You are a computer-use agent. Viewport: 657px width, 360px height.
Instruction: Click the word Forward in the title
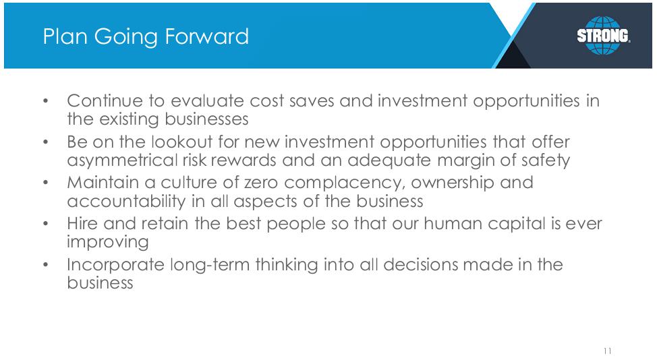[206, 36]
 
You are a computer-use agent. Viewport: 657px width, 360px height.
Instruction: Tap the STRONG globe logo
[603, 36]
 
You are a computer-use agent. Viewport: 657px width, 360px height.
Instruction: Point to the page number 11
[608, 351]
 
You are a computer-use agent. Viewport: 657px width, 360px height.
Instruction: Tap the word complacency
[345, 183]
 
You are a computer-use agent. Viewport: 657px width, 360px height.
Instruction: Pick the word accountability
[126, 202]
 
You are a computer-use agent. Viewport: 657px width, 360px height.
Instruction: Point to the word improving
[108, 243]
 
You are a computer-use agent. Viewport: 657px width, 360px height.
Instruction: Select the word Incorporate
[115, 265]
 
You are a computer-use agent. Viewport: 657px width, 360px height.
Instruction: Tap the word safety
[546, 160]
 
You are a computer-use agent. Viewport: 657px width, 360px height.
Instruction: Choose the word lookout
[182, 142]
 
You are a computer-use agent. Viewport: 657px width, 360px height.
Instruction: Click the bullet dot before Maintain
[46, 183]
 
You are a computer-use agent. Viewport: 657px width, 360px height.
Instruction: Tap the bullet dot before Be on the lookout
[46, 142]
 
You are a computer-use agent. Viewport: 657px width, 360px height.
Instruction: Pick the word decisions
[420, 265]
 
